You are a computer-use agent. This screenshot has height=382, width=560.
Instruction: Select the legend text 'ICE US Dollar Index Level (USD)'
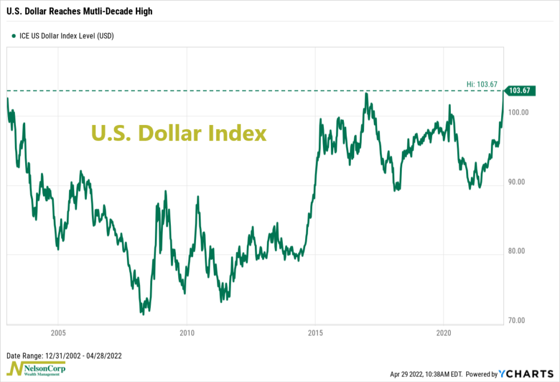67,35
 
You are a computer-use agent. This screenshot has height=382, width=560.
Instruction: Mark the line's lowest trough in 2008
142,313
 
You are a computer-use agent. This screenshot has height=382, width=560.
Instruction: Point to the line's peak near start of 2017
367,93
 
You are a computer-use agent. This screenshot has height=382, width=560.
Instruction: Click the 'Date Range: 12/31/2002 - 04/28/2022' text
64,355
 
